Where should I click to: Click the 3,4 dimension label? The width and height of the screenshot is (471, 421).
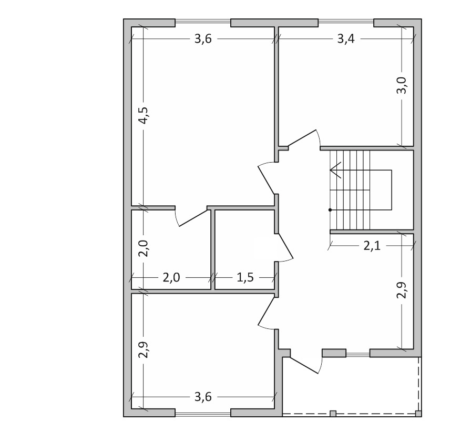pyautogui.click(x=346, y=39)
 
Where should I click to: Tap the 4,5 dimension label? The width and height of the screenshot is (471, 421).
pyautogui.click(x=144, y=115)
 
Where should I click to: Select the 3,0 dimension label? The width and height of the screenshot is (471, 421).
pyautogui.click(x=402, y=85)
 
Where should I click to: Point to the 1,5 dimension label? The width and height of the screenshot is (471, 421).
pyautogui.click(x=245, y=277)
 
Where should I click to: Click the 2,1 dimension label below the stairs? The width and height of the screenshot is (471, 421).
pyautogui.click(x=372, y=246)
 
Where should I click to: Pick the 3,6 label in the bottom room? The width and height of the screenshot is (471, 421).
pyautogui.click(x=203, y=397)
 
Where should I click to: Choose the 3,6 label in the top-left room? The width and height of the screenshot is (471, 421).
pyautogui.click(x=203, y=39)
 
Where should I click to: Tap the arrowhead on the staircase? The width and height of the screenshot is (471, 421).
pyautogui.click(x=336, y=170)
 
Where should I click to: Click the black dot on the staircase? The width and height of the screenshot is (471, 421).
pyautogui.click(x=330, y=210)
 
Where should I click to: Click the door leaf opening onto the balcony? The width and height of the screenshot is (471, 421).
pyautogui.click(x=304, y=365)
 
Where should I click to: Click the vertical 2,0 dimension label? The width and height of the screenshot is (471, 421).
pyautogui.click(x=144, y=248)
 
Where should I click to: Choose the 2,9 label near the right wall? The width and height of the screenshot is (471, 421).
pyautogui.click(x=402, y=290)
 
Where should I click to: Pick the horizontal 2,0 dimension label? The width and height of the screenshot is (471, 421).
pyautogui.click(x=171, y=277)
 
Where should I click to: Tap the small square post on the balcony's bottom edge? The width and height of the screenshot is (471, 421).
pyautogui.click(x=333, y=413)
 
